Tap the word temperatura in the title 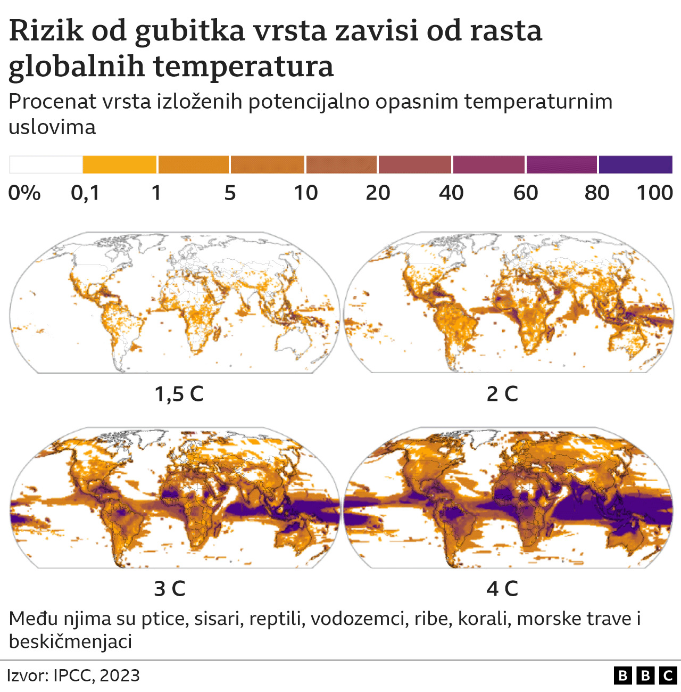[244, 67]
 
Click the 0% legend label [24, 193]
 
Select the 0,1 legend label [85, 193]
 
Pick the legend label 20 [378, 193]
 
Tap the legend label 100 [655, 193]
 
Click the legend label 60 [526, 193]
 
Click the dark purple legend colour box [635, 165]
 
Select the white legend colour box [46, 165]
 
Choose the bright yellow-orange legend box [120, 165]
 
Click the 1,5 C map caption [179, 394]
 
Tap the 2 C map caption [502, 394]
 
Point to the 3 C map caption [170, 589]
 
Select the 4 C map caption [502, 589]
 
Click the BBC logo [645, 675]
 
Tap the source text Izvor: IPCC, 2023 [73, 675]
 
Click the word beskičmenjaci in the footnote [70, 641]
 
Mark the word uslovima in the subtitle [52, 127]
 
